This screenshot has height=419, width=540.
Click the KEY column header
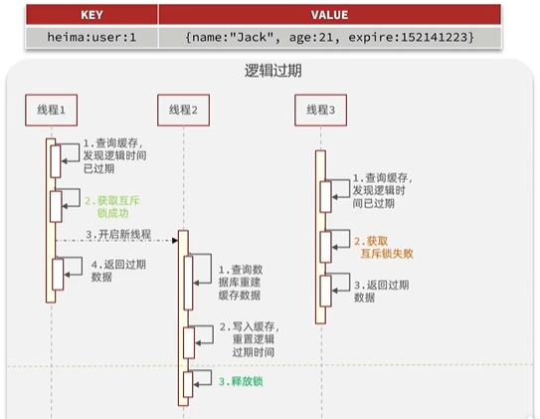click(x=91, y=15)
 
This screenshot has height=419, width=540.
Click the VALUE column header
click(x=329, y=15)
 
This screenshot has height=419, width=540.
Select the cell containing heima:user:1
click(x=91, y=37)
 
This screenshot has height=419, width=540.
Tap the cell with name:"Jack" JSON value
click(x=329, y=37)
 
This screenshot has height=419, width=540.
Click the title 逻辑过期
click(x=273, y=71)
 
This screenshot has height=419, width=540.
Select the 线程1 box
click(x=52, y=109)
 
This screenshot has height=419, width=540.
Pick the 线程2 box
click(x=184, y=109)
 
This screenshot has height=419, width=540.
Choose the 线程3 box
click(x=320, y=109)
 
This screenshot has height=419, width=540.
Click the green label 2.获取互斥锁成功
click(x=112, y=207)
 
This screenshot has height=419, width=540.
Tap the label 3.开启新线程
click(x=118, y=235)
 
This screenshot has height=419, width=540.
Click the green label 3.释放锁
click(x=241, y=381)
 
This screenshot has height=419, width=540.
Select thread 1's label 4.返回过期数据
click(x=118, y=271)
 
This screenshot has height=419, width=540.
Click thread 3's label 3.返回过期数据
click(x=382, y=292)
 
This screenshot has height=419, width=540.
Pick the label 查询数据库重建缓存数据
click(x=241, y=283)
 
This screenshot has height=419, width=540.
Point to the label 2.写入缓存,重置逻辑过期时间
click(x=250, y=339)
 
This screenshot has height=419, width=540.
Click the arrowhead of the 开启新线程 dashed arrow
click(x=175, y=240)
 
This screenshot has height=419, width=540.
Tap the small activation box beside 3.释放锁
click(x=188, y=384)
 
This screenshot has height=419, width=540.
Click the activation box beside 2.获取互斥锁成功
click(x=56, y=206)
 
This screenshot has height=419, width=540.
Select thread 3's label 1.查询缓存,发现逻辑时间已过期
click(x=382, y=190)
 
